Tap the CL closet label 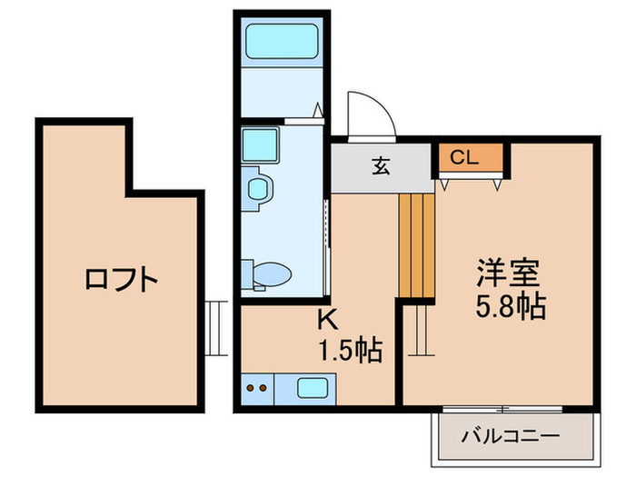pos(464,158)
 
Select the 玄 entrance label pos(380,166)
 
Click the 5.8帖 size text pos(511,307)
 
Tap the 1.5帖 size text pos(349,349)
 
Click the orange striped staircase pos(417,245)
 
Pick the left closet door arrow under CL pos(446,184)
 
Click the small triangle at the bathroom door pos(318,112)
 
